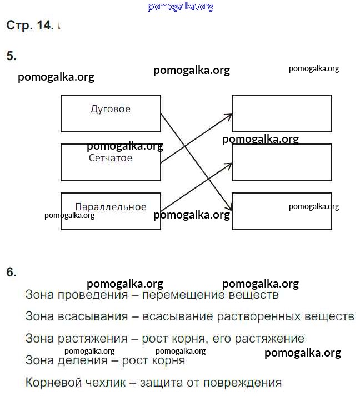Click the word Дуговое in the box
[x=111, y=109]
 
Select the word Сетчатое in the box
[x=111, y=159]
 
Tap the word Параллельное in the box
[x=111, y=207]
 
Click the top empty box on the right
[x=282, y=113]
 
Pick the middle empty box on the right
[x=282, y=162]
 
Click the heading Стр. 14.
[x=29, y=26]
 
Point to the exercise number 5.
[x=11, y=56]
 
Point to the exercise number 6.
[x=11, y=273]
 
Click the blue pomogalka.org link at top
[x=181, y=7]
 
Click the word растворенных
[x=258, y=316]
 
